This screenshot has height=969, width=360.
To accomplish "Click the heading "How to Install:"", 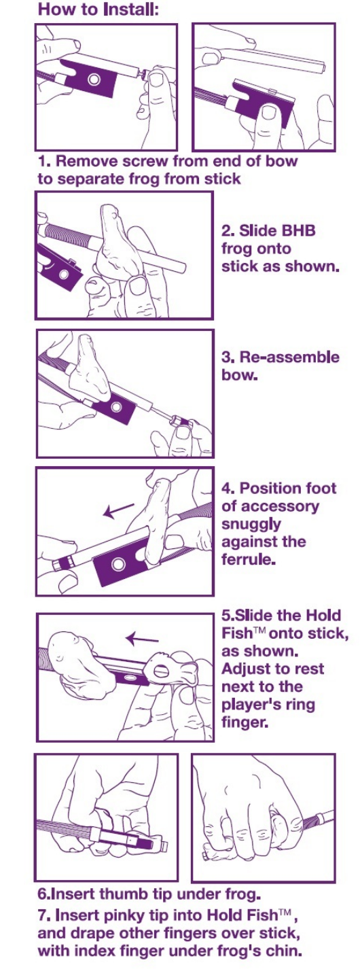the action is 98,9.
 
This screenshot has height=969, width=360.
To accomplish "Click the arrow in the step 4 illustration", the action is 120,510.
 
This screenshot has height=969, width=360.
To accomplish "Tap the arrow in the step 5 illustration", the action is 142,638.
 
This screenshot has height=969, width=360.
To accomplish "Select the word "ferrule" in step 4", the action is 248,559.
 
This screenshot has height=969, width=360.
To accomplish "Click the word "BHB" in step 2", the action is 299,230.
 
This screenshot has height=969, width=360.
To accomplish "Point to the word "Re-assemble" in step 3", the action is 289,357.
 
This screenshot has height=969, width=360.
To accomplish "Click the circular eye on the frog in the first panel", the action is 94,79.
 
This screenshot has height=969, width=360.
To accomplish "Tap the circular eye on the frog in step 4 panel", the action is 118,565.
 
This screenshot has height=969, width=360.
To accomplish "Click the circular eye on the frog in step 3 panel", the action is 116,407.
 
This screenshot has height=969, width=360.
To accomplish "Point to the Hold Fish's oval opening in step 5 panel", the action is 160,671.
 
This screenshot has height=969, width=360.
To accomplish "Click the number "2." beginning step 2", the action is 228,230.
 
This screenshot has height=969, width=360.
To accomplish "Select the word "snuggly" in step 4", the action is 251,525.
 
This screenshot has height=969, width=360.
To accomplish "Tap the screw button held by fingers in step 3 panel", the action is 180,420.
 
